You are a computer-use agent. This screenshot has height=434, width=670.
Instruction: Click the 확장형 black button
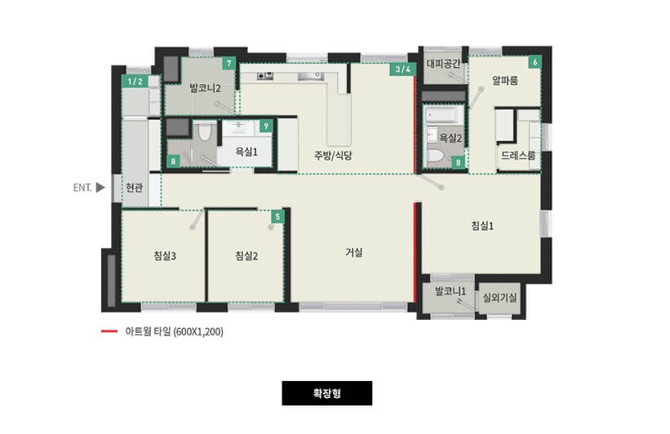pos(326,393)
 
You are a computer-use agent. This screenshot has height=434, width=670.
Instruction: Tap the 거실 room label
pos(353,253)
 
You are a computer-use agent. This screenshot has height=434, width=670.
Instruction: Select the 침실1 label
pos(483,226)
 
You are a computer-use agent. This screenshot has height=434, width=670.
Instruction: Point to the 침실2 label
pos(246,256)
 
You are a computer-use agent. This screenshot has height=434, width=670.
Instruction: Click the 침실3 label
pos(165,256)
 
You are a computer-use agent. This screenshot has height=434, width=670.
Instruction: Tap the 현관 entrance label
pos(135,188)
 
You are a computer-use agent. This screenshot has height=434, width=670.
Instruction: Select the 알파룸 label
pos(505,81)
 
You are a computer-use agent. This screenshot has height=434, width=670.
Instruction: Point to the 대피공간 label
pos(444,63)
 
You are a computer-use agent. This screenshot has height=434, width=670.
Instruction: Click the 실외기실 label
pos(499,299)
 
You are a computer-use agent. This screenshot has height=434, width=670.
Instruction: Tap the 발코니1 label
pos(450,290)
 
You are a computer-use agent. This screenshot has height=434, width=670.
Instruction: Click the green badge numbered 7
pos(229,64)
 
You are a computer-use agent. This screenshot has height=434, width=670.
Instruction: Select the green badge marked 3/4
pos(402,69)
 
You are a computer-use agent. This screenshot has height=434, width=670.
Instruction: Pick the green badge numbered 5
pos(277,216)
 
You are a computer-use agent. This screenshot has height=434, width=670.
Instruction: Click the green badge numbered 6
pos(535,62)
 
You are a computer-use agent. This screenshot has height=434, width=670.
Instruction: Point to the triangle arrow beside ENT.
pos(100,188)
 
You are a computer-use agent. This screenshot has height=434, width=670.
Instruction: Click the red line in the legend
pos(108,332)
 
